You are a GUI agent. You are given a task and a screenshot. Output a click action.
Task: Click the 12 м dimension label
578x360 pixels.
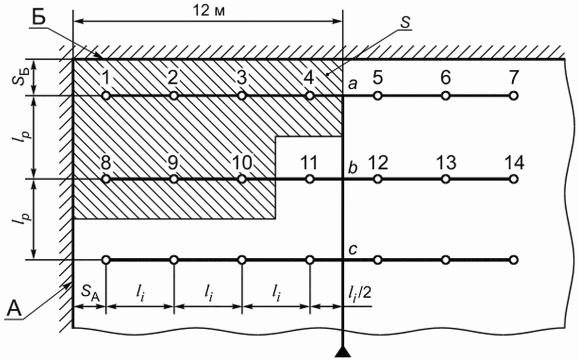[208, 11]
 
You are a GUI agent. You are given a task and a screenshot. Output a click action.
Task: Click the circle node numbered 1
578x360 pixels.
[106, 95]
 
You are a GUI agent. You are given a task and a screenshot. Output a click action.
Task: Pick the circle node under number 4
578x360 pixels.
[310, 95]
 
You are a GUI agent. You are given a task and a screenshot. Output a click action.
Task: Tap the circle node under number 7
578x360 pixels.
[514, 95]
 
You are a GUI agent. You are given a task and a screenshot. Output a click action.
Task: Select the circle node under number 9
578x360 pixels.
[173, 179]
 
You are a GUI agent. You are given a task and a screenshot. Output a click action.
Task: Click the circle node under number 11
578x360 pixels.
[310, 179]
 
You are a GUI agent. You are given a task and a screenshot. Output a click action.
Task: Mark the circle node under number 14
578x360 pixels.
[514, 179]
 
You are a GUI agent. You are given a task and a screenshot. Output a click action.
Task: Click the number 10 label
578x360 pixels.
[242, 163]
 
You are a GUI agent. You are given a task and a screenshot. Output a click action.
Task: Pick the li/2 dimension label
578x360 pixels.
[360, 295]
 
